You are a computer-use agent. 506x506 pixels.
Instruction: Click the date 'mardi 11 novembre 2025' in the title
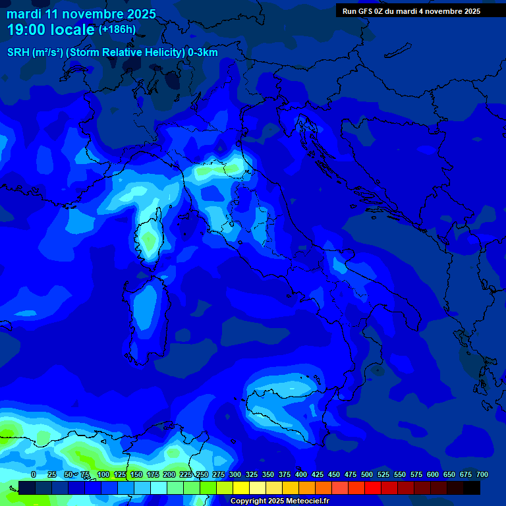[x=81, y=14]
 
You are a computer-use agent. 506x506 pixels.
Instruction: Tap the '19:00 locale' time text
[x=51, y=30]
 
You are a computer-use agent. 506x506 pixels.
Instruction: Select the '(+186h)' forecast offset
[x=117, y=29]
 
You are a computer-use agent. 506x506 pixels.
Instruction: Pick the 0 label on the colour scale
[x=34, y=474]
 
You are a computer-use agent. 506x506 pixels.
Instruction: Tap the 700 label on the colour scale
[x=482, y=474]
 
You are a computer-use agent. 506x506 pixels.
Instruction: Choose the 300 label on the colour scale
[x=235, y=474]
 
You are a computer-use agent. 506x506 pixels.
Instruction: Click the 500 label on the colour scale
[x=367, y=474]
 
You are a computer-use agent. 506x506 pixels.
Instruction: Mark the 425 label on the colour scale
[x=318, y=474]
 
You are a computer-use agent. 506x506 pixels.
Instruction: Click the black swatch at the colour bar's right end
[x=472, y=488]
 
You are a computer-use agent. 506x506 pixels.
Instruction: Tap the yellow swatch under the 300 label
[x=241, y=488]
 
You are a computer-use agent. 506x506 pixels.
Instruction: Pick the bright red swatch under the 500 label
[x=373, y=488]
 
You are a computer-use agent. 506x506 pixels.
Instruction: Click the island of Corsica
[x=148, y=238]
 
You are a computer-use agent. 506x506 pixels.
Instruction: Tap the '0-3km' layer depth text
[x=203, y=53]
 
